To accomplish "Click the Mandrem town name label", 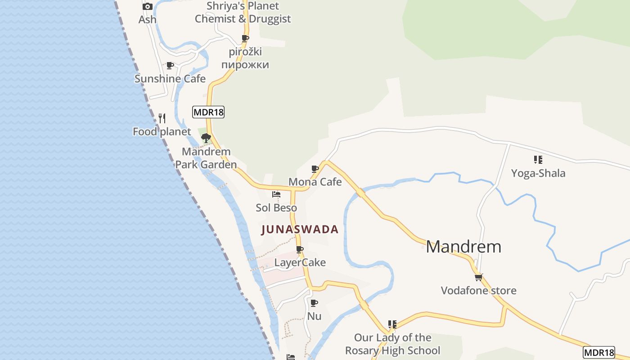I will pos(463,247).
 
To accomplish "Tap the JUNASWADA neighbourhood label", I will pos(300,229).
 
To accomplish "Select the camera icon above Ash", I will pos(147,7).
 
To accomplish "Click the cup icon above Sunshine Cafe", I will pos(170,66).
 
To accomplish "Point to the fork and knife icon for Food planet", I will pos(162,118).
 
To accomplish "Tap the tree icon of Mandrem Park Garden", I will pos(206,138).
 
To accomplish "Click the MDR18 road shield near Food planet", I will pos(208,112).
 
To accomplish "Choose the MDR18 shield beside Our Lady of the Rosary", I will pos(599,352).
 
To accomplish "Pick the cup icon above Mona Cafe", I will pos(315,169).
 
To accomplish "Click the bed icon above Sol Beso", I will pos(276,194).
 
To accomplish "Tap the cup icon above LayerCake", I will pos(300,249).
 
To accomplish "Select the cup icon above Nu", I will pos(314,303).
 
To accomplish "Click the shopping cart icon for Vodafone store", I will pos(478,277).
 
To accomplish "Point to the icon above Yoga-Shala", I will pos(538,160).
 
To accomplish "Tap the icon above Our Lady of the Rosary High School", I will pos(392,324).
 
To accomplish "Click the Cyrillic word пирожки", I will pos(245,65).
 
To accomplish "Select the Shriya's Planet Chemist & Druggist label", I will pos(243,13).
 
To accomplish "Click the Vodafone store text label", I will pos(478,290).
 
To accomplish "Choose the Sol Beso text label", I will pos(276,208).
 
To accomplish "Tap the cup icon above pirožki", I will pos(245,39).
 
